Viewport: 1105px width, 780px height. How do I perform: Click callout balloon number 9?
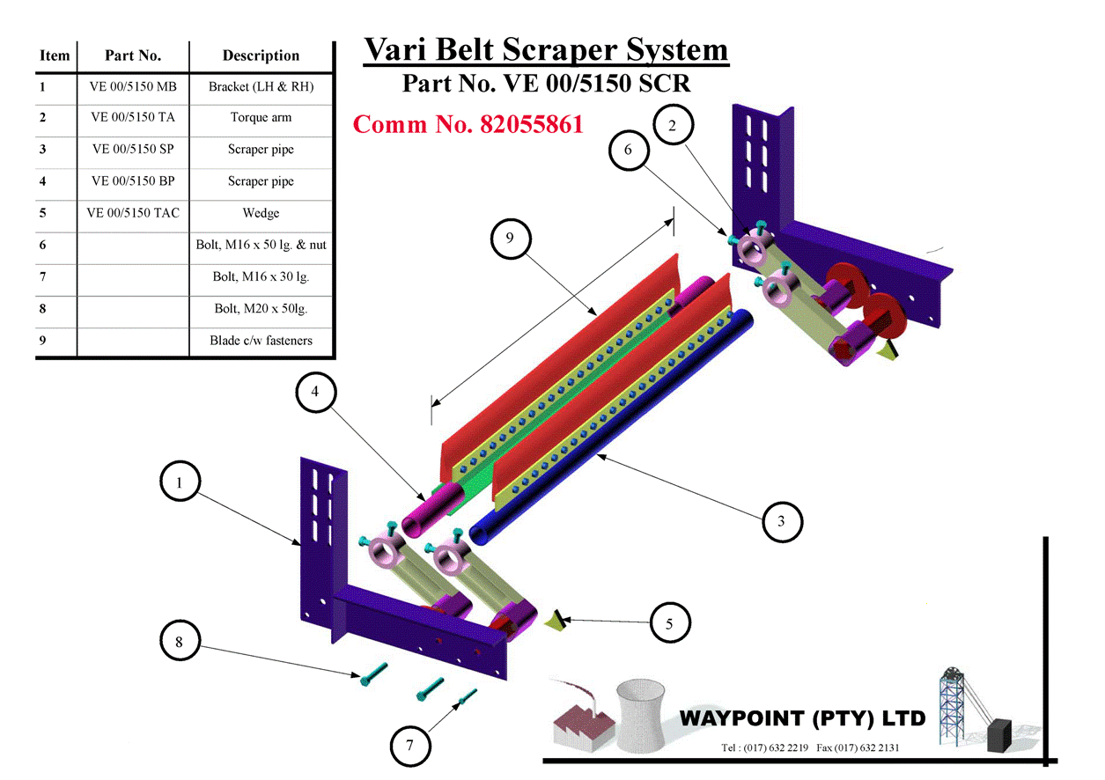(x=510, y=239)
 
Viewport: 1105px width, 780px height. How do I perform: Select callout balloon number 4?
(x=315, y=394)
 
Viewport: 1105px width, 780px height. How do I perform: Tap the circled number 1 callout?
(x=180, y=482)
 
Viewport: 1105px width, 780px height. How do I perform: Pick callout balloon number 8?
(x=179, y=642)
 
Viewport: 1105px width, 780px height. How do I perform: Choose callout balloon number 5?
(x=669, y=623)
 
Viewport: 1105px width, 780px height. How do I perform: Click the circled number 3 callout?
(x=781, y=521)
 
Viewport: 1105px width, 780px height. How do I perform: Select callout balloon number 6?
(x=628, y=150)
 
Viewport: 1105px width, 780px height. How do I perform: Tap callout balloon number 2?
(x=673, y=125)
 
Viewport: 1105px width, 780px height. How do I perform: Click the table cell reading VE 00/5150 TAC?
(x=133, y=213)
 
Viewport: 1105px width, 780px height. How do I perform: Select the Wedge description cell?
(x=261, y=213)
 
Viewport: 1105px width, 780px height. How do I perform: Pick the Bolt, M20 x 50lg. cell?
(x=261, y=309)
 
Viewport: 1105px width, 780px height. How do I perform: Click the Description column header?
(x=261, y=55)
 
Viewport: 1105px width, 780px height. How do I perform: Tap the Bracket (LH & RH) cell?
(x=261, y=86)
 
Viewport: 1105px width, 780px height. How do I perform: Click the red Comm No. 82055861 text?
(x=468, y=124)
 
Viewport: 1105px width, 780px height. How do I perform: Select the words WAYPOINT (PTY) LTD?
(x=802, y=718)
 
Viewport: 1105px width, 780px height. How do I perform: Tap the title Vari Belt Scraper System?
(x=546, y=49)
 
